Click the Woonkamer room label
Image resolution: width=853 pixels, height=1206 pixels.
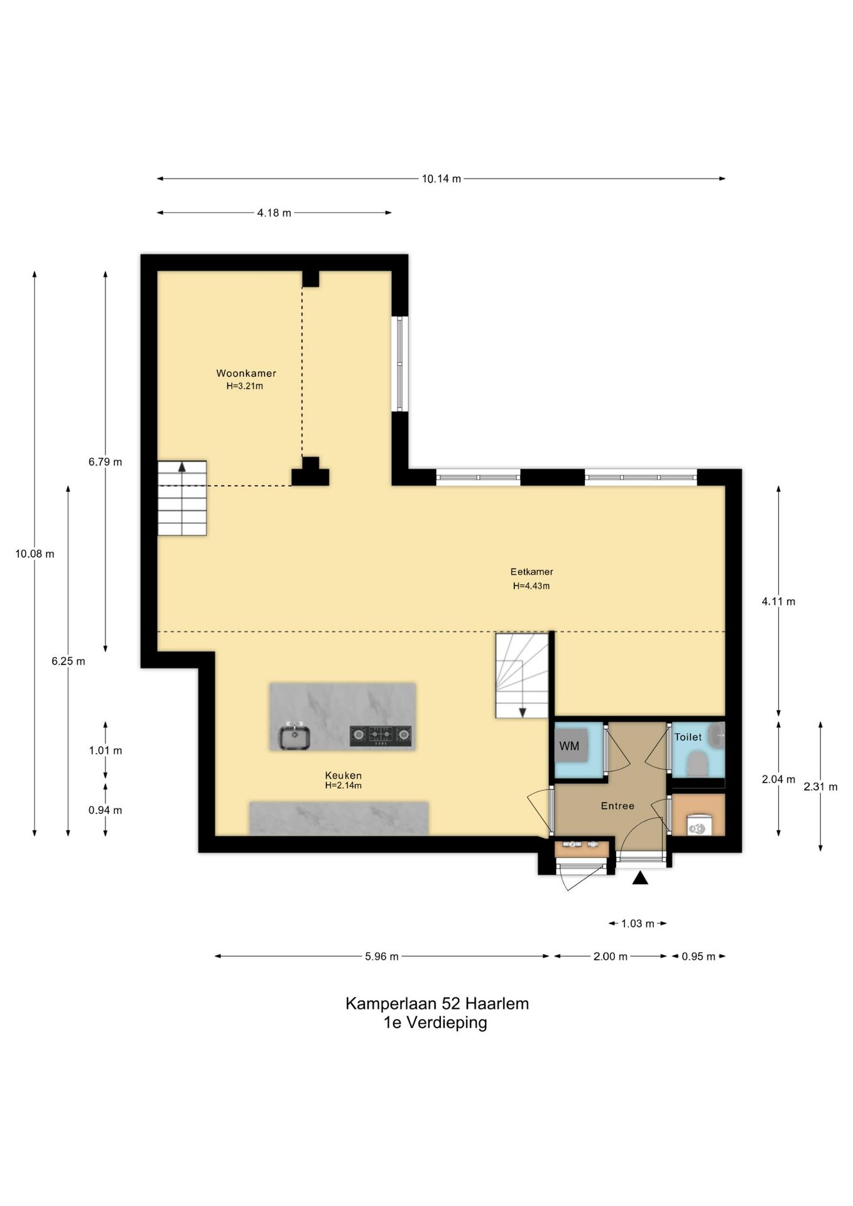pos(246,373)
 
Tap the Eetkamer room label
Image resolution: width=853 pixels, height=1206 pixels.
pos(531,572)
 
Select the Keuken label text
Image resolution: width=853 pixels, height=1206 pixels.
pos(343,775)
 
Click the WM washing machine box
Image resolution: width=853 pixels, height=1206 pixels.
pos(570,746)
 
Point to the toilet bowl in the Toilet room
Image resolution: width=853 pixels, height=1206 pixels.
pos(697,764)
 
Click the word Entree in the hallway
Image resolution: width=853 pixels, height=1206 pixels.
pos(617,806)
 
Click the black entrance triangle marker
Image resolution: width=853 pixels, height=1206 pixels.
pos(640,877)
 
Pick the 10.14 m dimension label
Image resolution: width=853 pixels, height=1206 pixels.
pos(441,179)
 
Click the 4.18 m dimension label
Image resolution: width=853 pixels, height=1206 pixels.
pos(274,213)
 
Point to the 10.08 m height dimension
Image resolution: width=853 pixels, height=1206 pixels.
pos(35,554)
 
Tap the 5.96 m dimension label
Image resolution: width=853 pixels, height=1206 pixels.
pos(382,957)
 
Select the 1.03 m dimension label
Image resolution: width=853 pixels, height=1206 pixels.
pos(638,923)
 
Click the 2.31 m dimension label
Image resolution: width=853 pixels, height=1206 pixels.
pos(820,787)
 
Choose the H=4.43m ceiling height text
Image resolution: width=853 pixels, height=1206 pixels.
pos(531,586)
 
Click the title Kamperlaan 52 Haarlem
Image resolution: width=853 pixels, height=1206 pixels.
pos(437,1004)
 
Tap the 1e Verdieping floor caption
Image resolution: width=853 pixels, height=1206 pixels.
pos(435,1023)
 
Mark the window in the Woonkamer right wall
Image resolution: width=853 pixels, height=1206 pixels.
pos(399,364)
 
